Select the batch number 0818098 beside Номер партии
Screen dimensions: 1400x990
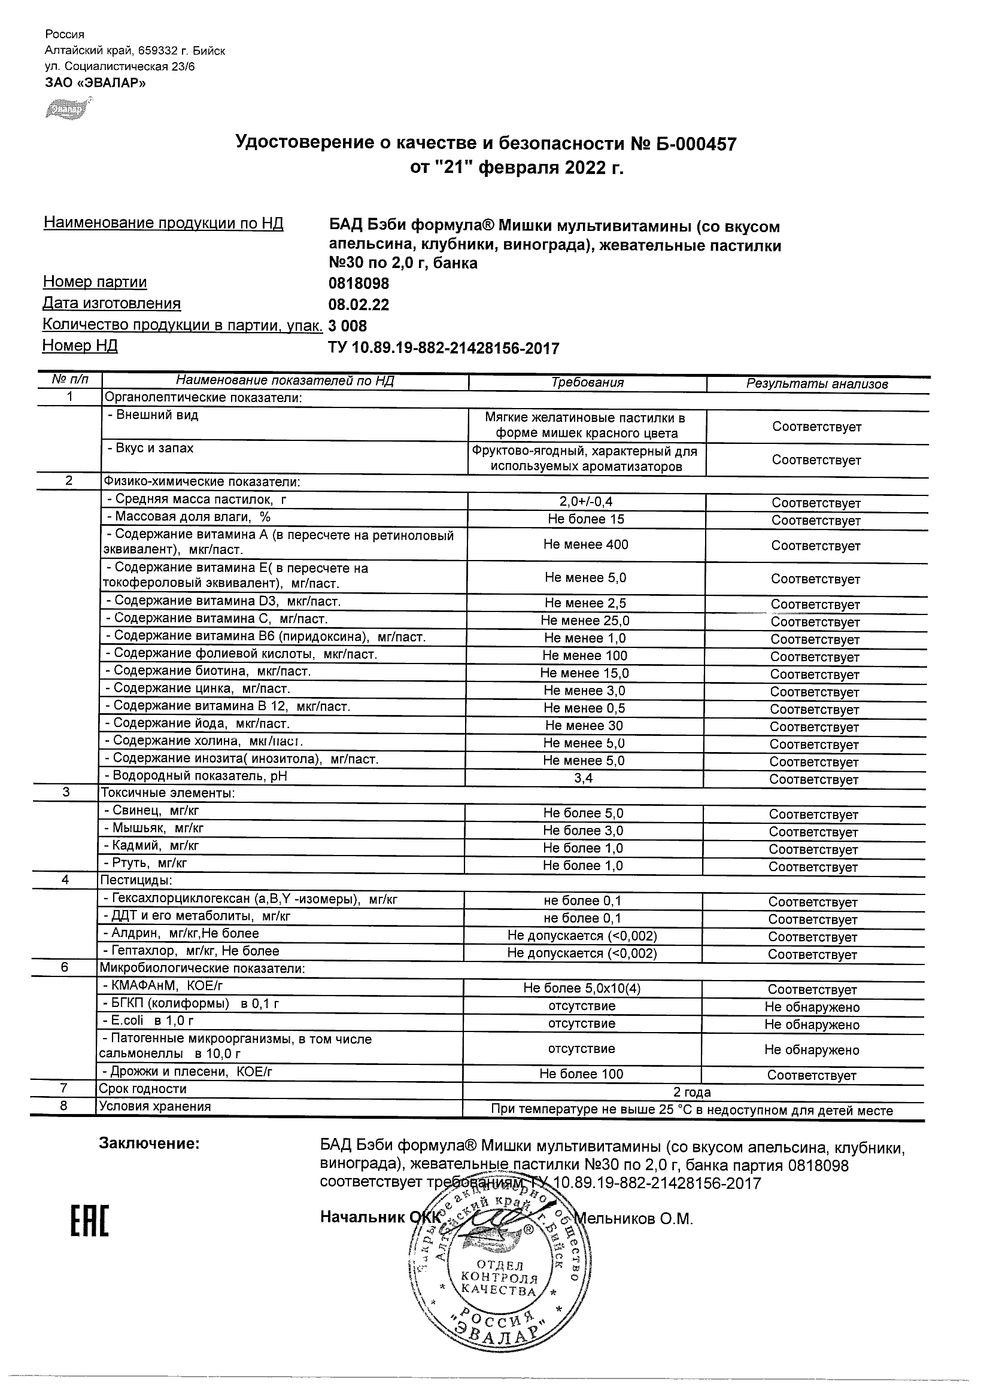[x=358, y=284]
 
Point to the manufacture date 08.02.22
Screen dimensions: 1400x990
[x=358, y=305]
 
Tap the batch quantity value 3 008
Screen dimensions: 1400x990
[x=348, y=325]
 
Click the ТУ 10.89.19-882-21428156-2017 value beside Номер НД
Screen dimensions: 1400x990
[x=443, y=348]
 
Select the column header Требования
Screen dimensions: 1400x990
[x=587, y=383]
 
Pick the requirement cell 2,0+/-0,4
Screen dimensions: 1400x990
[x=585, y=502]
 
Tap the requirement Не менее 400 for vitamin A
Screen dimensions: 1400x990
[x=585, y=544]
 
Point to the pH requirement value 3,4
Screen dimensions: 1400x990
[x=583, y=778]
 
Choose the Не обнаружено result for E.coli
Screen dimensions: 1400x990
[x=811, y=1024]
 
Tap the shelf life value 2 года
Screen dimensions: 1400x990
[x=692, y=1091]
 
